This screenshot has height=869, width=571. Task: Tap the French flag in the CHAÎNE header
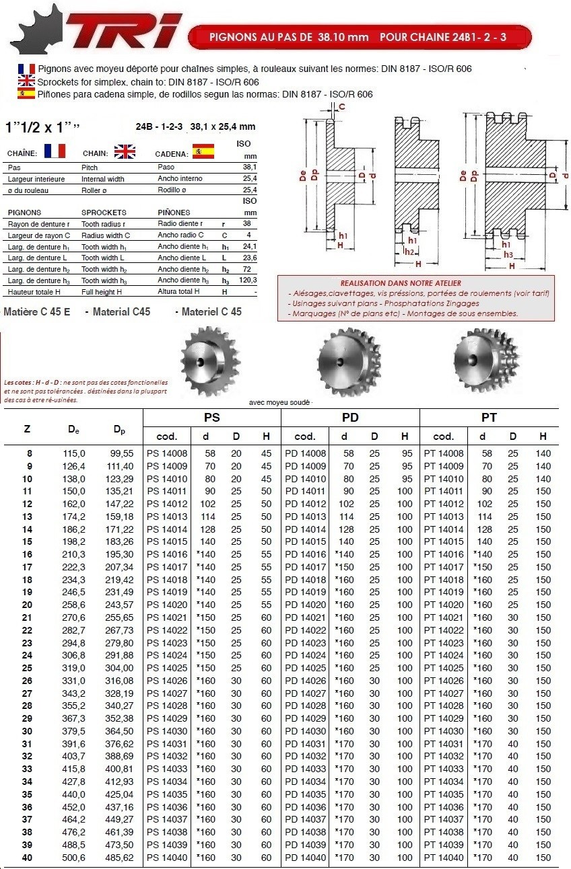[55, 151]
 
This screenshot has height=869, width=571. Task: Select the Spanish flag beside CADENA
[203, 151]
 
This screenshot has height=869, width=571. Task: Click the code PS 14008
[166, 453]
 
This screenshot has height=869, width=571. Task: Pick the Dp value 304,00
[121, 668]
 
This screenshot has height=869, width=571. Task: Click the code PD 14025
[305, 668]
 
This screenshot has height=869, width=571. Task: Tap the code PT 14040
[444, 858]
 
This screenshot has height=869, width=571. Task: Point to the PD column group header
[349, 418]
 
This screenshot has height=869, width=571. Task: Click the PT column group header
[489, 418]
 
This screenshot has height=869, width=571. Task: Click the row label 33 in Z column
[28, 769]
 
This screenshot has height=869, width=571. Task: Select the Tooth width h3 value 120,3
[248, 280]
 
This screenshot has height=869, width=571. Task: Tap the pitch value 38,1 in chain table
[249, 167]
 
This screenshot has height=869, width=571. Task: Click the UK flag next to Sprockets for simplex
[26, 81]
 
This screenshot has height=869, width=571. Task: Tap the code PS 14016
[166, 554]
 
